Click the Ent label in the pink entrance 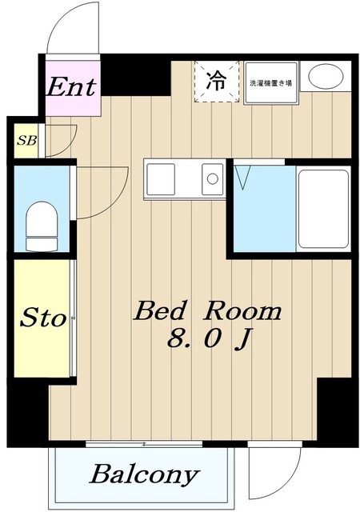[x=71, y=86]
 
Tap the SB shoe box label [x=26, y=141]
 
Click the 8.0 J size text [x=209, y=339]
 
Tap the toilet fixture [x=42, y=226]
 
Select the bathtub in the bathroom [x=323, y=209]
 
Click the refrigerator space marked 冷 [x=217, y=82]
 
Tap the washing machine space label [x=270, y=83]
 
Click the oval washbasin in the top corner [x=326, y=77]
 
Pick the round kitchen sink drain [x=213, y=178]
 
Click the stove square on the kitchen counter [x=160, y=179]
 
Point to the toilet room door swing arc [x=115, y=202]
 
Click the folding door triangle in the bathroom [x=243, y=178]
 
